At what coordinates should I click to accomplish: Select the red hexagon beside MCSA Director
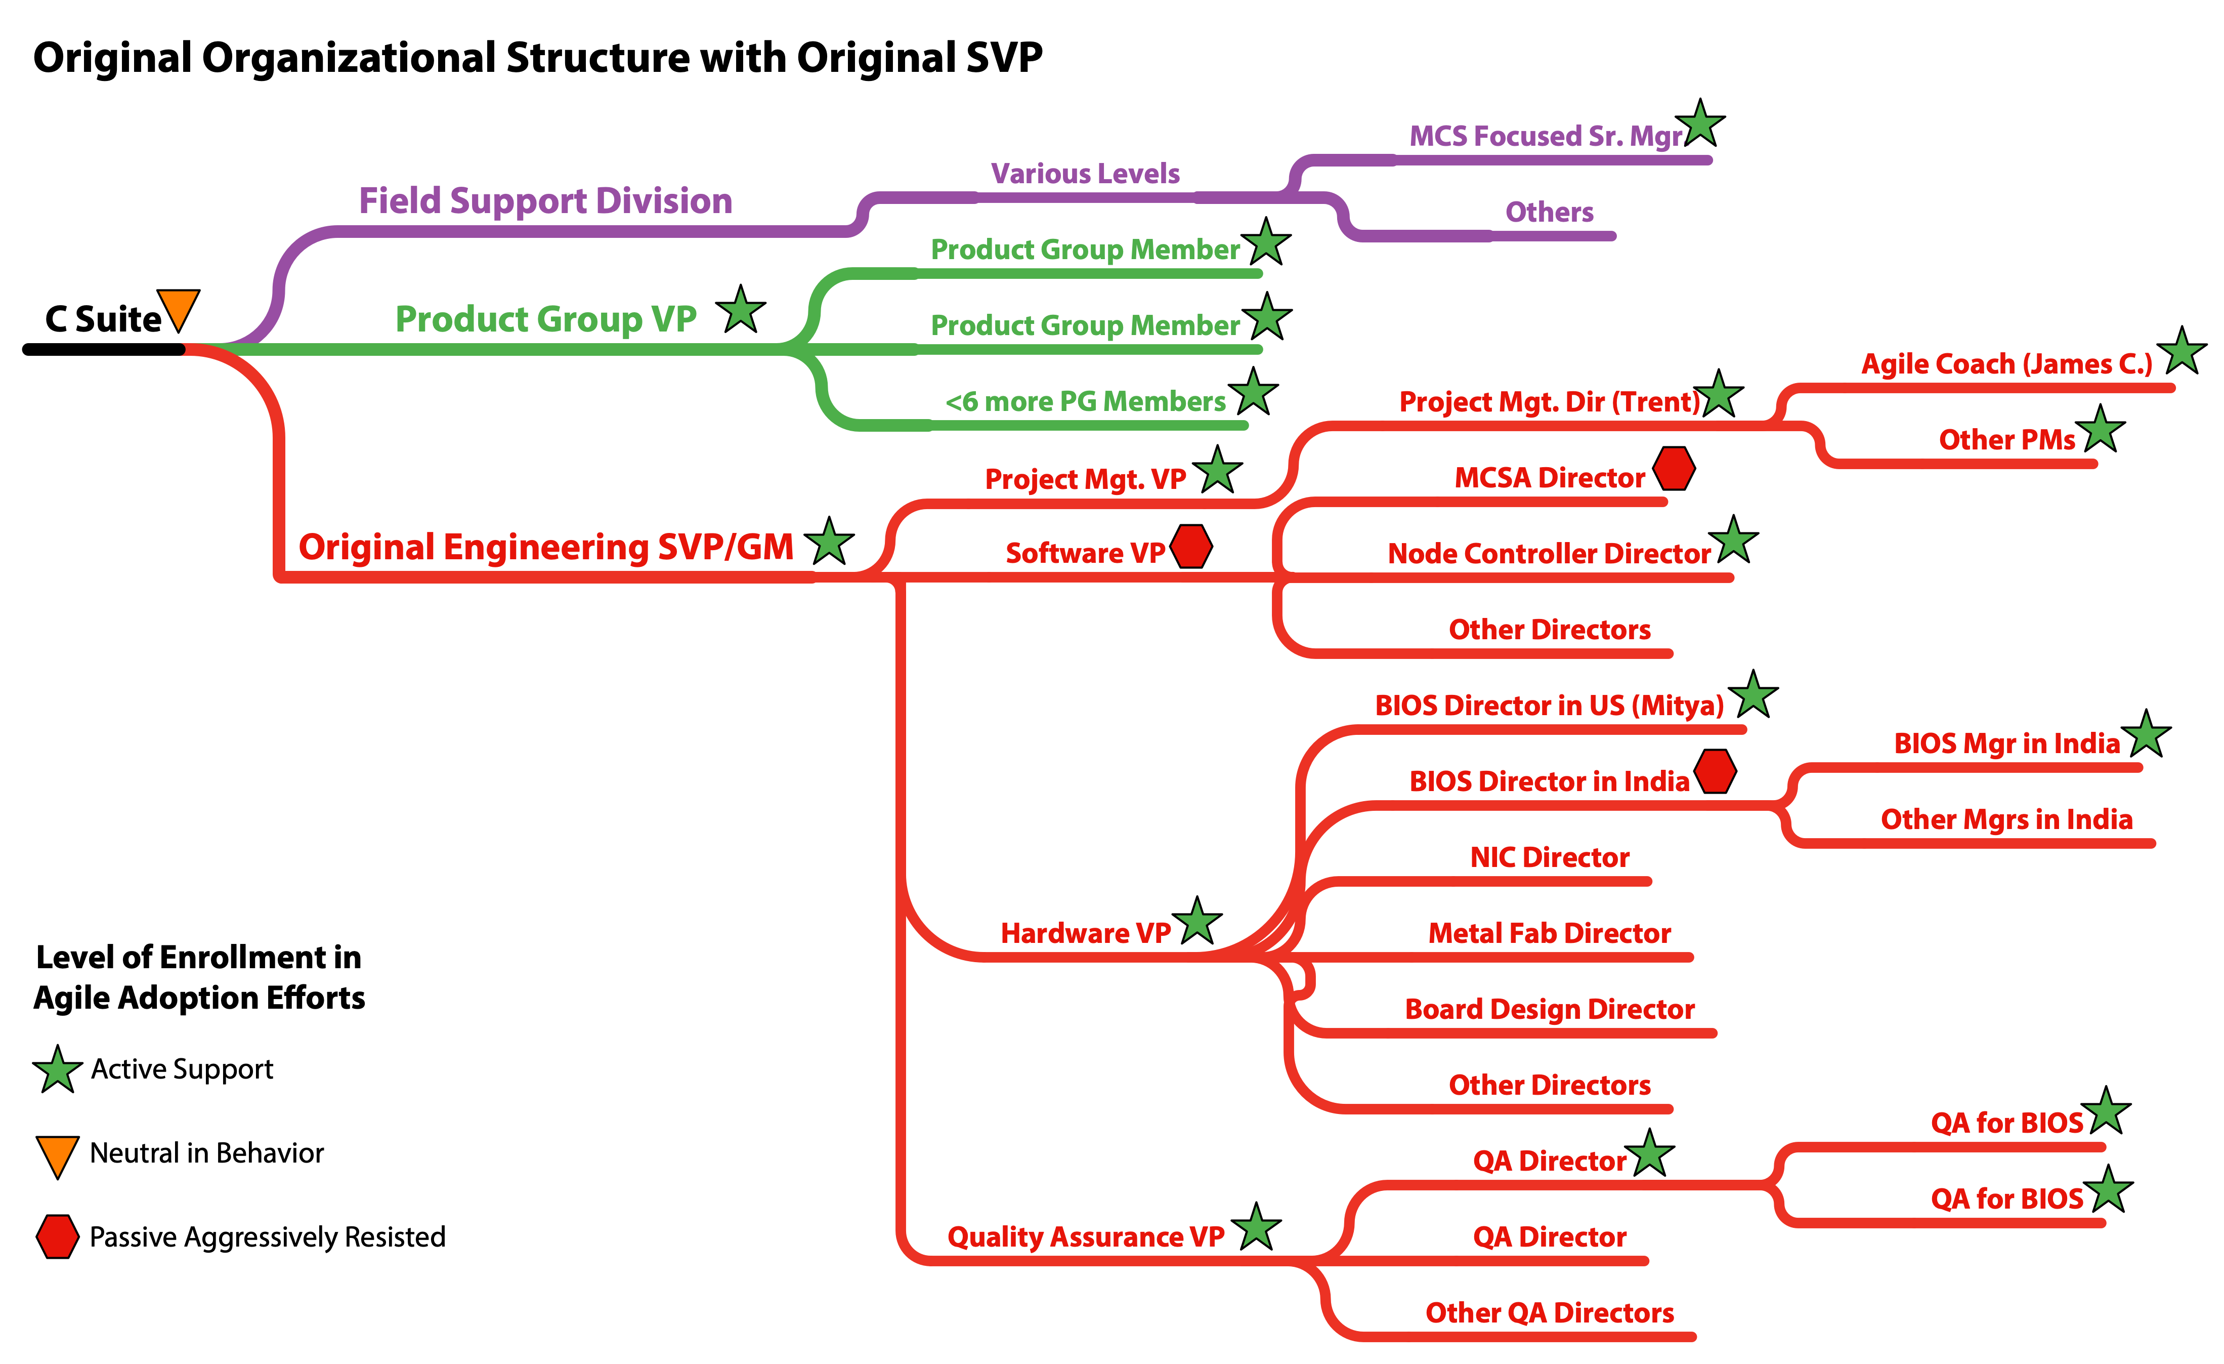click(x=1674, y=469)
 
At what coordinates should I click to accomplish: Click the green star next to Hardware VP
click(x=1197, y=923)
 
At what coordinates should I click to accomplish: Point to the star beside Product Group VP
click(x=741, y=311)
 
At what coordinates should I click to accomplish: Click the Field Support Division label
click(x=545, y=200)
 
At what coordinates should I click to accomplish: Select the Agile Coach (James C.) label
click(x=2006, y=364)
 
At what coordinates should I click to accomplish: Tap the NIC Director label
click(x=1549, y=857)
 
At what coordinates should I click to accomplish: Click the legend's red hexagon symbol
click(x=57, y=1236)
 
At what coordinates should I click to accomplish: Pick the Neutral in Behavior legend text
click(x=207, y=1153)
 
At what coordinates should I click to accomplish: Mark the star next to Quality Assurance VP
click(x=1256, y=1228)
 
